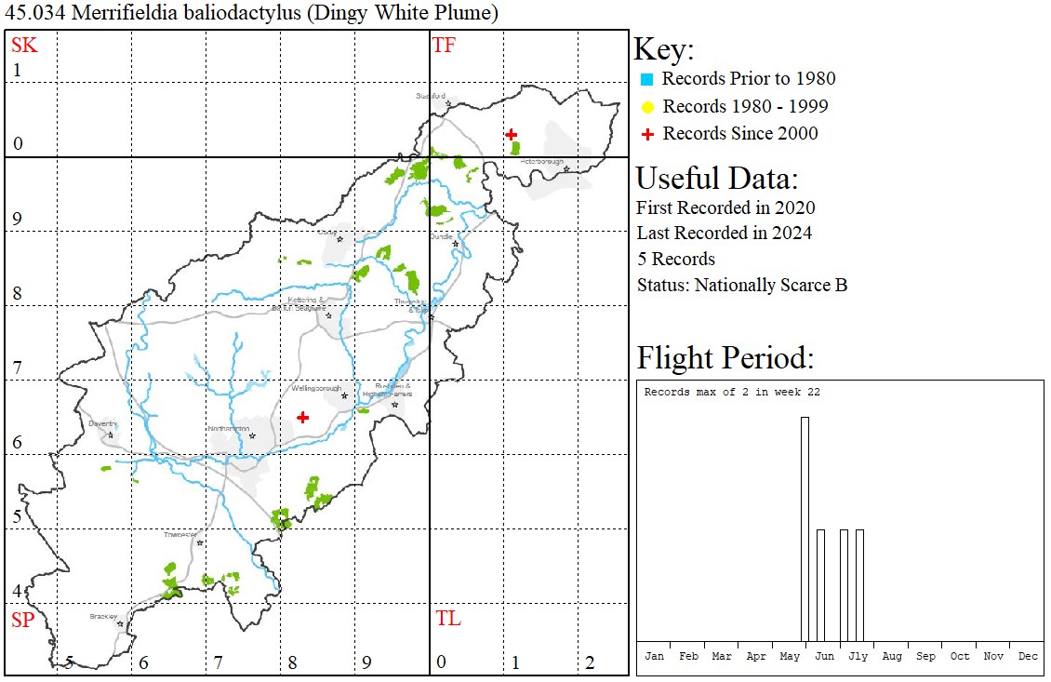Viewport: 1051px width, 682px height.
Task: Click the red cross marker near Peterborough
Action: click(511, 135)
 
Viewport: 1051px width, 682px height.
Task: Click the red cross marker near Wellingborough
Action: click(302, 418)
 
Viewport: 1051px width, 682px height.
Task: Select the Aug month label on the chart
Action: click(892, 656)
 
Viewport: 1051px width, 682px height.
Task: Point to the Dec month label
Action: click(1028, 656)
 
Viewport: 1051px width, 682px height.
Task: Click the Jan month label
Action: click(655, 656)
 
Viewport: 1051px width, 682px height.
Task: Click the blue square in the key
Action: click(647, 80)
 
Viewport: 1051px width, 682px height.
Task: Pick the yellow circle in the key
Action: click(647, 107)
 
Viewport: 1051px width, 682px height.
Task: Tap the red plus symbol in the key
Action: click(647, 134)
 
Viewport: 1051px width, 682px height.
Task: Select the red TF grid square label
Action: click(445, 45)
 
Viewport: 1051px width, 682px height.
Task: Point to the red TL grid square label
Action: click(448, 619)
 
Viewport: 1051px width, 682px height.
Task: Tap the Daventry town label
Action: click(101, 423)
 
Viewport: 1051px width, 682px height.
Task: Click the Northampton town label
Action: click(228, 428)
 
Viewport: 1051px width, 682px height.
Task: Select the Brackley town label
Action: click(103, 616)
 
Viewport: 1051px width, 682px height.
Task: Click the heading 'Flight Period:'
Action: click(725, 358)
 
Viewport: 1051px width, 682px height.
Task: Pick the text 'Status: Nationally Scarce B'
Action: click(741, 285)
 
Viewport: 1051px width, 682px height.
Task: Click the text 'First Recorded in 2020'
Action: click(725, 207)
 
